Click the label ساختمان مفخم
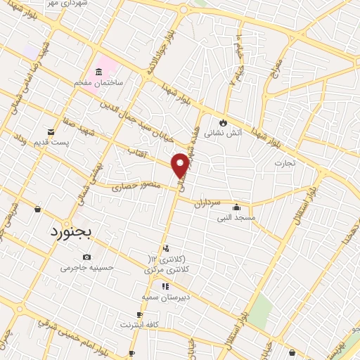click(99, 82)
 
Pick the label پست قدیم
click(51, 143)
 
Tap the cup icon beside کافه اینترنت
click(140, 314)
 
